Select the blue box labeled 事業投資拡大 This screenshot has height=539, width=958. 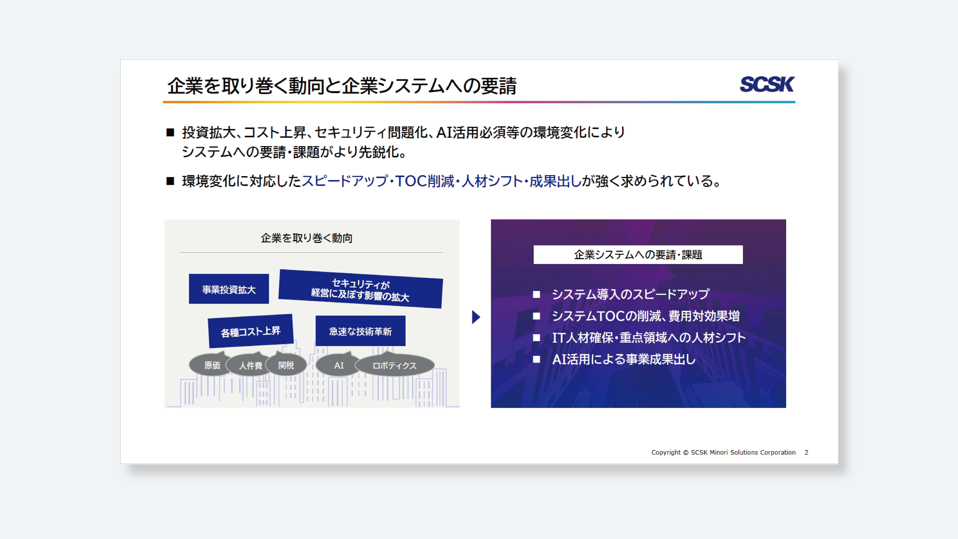pyautogui.click(x=229, y=289)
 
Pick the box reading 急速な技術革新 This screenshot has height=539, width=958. pyautogui.click(x=360, y=331)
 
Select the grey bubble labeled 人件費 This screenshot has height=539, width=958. pyautogui.click(x=250, y=365)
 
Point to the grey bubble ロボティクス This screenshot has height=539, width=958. pyautogui.click(x=395, y=365)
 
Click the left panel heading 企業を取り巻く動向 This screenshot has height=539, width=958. pyautogui.click(x=306, y=238)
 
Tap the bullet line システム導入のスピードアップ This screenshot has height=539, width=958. pyautogui.click(x=630, y=294)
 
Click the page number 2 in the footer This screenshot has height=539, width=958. pyautogui.click(x=806, y=452)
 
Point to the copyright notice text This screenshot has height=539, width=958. pyautogui.click(x=723, y=452)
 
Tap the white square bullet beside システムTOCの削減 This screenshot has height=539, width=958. pyautogui.click(x=536, y=316)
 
